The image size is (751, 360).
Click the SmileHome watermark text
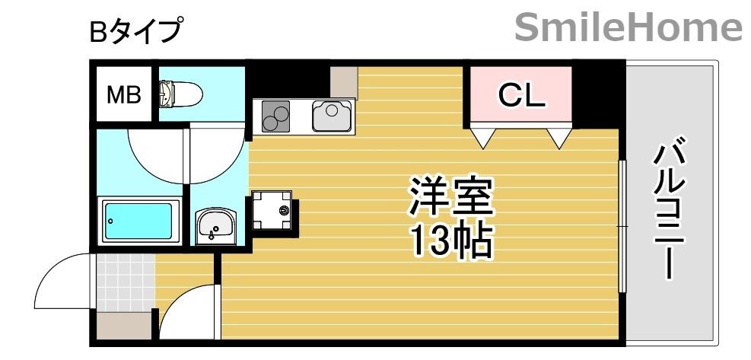pyautogui.click(x=628, y=28)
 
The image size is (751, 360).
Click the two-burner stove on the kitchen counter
pyautogui.click(x=276, y=116)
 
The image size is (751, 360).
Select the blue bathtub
pyautogui.click(x=138, y=221)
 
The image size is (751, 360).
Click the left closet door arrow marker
pyautogui.click(x=483, y=138)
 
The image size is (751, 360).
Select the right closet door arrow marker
pyautogui.click(x=560, y=138)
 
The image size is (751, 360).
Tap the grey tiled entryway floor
pyautogui.click(x=125, y=281)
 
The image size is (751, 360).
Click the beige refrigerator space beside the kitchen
pyautogui.click(x=344, y=82)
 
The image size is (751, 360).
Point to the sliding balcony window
pyautogui.click(x=622, y=226)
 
